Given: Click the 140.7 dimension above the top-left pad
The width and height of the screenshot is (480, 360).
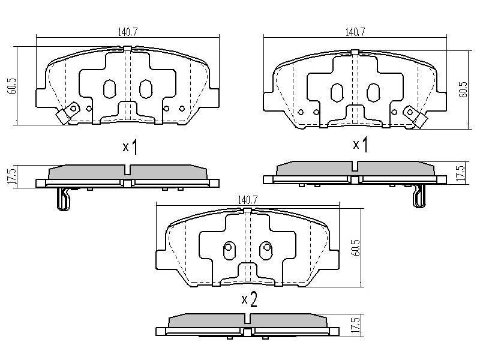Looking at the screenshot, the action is pos(128,32).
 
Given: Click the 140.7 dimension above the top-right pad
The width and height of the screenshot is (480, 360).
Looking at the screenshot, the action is pos(355,32).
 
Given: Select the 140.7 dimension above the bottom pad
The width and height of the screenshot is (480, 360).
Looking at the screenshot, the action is pos(248,200).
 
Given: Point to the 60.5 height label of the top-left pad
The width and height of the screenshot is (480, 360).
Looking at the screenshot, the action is pos(13,86).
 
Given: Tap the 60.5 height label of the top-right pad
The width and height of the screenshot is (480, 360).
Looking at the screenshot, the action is pos(463,89).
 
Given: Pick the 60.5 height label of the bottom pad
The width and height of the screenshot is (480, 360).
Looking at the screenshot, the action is pos(356,248).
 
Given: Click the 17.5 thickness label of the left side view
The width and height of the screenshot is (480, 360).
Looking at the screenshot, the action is pos(11,177).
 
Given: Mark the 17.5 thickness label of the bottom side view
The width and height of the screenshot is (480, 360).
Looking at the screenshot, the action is pos(356,325).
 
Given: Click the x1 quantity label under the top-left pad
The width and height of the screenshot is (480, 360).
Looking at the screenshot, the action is pos(130,147).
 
